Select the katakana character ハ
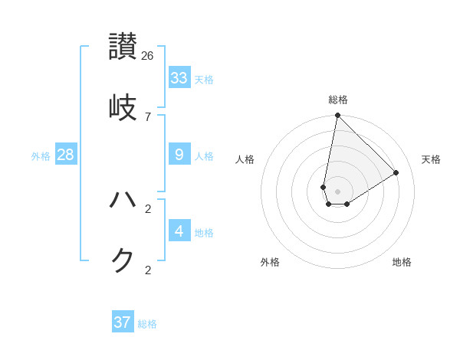[123, 200]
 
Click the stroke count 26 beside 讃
[148, 56]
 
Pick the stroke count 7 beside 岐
[148, 116]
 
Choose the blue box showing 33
[179, 78]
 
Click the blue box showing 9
[179, 155]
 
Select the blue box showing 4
[179, 231]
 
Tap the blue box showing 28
[66, 155]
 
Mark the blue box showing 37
[123, 322]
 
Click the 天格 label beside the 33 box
[204, 80]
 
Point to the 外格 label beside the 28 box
[41, 156]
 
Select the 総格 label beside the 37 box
[147, 324]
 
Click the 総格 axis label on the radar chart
[338, 100]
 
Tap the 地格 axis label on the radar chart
[402, 262]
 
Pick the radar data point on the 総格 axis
[337, 116]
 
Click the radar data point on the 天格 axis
[396, 172]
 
